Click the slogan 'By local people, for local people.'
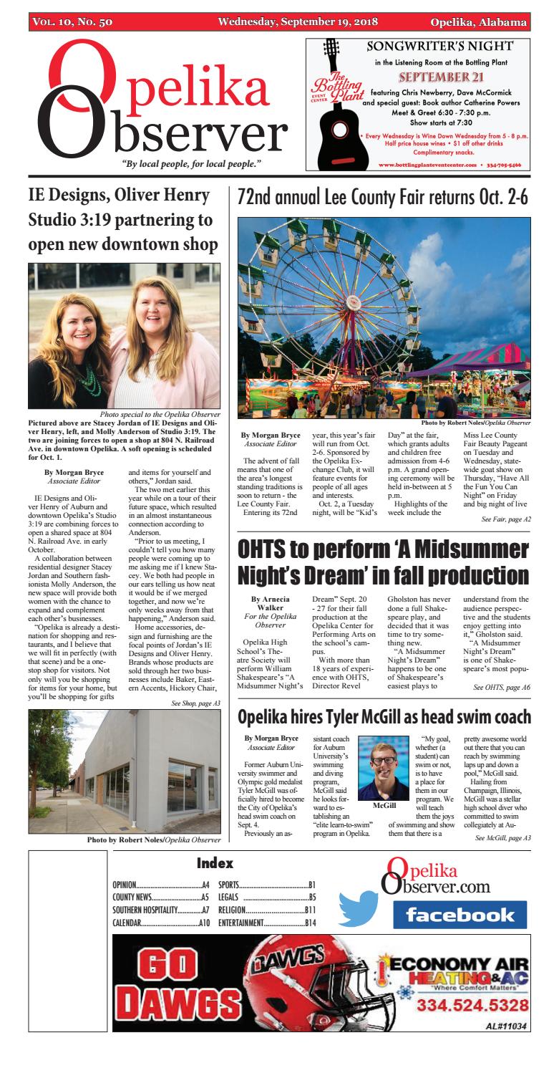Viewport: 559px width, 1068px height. [x=191, y=164]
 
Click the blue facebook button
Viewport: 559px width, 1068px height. [x=460, y=915]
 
